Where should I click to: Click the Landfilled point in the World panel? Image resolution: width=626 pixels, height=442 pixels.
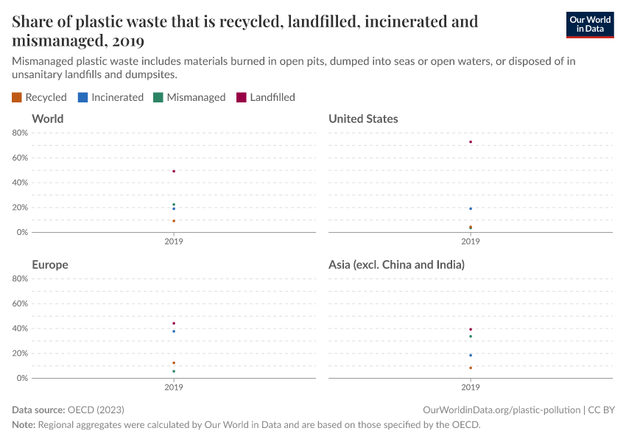point(174,171)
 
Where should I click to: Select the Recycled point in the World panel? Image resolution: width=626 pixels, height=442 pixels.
point(174,221)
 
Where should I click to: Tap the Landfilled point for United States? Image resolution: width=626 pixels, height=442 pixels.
point(471,142)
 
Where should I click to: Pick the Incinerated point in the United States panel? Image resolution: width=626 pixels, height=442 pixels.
point(471,208)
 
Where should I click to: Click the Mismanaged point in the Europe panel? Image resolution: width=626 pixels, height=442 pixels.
point(174,371)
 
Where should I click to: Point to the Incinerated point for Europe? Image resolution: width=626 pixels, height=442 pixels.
point(174,331)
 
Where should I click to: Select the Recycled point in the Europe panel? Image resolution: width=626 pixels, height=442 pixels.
point(174,363)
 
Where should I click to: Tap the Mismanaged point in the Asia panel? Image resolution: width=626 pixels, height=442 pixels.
point(471,337)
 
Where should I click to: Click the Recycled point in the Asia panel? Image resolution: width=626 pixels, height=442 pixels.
point(471,368)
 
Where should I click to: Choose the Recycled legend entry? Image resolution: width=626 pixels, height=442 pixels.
point(40,97)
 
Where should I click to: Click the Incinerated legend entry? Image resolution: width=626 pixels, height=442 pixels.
point(110,97)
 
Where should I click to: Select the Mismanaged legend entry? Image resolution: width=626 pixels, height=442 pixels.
point(189,97)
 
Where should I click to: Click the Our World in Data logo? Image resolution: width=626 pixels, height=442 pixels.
point(589,24)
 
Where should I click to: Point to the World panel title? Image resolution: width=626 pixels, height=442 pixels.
point(48,119)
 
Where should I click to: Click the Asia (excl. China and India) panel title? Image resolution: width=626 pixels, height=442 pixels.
point(396,264)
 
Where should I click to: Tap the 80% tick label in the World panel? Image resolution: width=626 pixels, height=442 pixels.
point(20,133)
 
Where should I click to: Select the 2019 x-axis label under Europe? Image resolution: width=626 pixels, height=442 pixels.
point(174,387)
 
